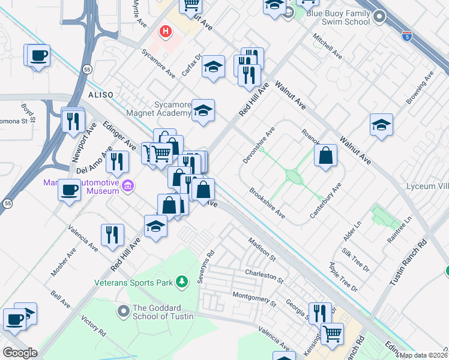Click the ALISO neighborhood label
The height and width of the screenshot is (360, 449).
pyautogui.click(x=101, y=95)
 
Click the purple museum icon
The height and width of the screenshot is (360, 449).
pyautogui.click(x=127, y=187)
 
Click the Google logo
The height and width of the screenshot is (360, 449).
pyautogui.click(x=20, y=352)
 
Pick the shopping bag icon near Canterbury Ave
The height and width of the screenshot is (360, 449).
pyautogui.click(x=325, y=156)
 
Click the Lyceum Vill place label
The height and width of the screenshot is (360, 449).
pyautogui.click(x=427, y=186)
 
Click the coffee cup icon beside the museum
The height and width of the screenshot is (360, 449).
pyautogui.click(x=69, y=191)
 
